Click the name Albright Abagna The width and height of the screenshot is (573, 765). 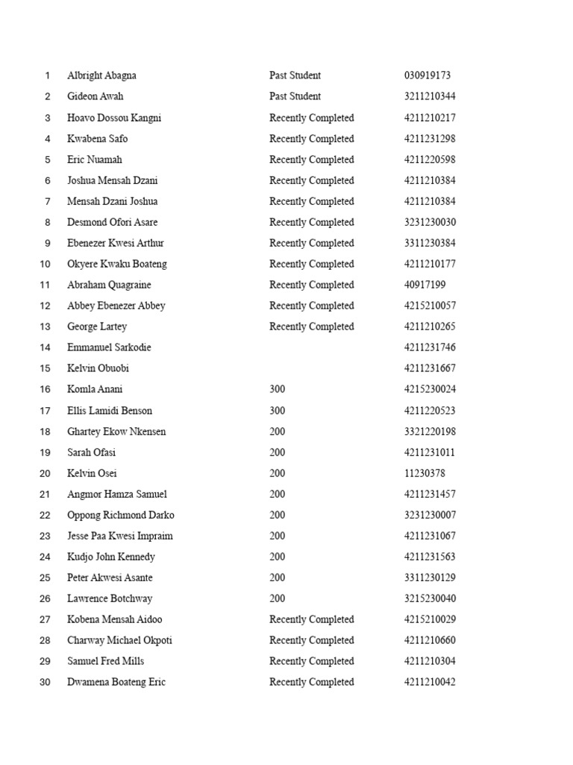[101, 75]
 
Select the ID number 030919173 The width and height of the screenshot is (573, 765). [428, 75]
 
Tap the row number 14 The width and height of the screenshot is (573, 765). [45, 347]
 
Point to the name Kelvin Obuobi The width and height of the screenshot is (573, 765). [98, 368]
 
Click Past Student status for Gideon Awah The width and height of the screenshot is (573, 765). [295, 96]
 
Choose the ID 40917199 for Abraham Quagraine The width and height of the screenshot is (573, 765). [425, 285]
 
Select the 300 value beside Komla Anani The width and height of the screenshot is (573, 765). [277, 389]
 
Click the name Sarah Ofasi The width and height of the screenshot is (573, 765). [91, 452]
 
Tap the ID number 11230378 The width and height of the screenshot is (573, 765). [425, 473]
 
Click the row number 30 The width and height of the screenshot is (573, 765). [45, 682]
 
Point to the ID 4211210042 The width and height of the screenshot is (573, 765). [430, 682]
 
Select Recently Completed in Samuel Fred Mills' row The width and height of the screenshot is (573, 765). [311, 661]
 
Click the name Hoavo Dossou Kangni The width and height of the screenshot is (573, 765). [114, 117]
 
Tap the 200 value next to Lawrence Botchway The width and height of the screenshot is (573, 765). [277, 598]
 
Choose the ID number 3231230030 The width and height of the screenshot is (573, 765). [430, 222]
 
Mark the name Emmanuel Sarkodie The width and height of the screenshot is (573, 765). [109, 347]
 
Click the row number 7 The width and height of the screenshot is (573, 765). [47, 201]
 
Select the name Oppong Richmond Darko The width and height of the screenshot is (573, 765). [121, 515]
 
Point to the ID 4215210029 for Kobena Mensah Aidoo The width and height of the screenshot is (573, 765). [430, 619]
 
